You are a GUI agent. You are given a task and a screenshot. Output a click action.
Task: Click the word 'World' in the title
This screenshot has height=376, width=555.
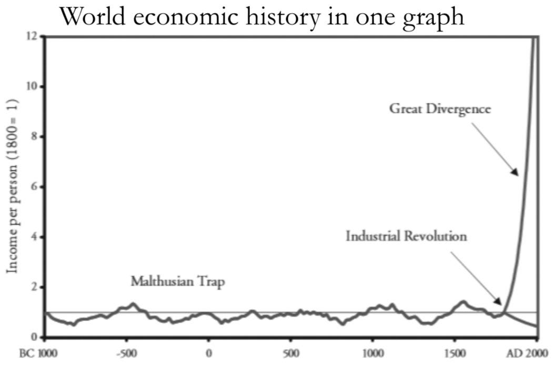[x=92, y=17]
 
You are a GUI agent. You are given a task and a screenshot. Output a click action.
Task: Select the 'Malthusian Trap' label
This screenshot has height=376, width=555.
[x=177, y=282]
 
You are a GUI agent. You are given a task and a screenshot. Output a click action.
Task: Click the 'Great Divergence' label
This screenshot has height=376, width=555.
[x=440, y=109]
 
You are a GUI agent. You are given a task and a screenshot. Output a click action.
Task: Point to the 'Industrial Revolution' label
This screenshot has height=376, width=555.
[x=406, y=236]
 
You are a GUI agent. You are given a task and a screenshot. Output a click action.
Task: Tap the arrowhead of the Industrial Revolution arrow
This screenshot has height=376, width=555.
[x=500, y=303]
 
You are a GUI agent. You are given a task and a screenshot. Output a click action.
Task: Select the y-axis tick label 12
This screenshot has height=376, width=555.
[x=32, y=36]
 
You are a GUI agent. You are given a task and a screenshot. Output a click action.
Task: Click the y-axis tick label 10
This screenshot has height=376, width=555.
[x=32, y=86]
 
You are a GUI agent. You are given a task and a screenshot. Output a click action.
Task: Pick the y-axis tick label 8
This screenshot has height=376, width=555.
[x=34, y=137]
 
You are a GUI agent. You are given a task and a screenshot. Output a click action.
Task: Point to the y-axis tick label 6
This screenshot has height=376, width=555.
[x=34, y=187]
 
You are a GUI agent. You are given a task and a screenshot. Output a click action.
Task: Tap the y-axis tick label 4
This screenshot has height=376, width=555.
[x=34, y=237]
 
